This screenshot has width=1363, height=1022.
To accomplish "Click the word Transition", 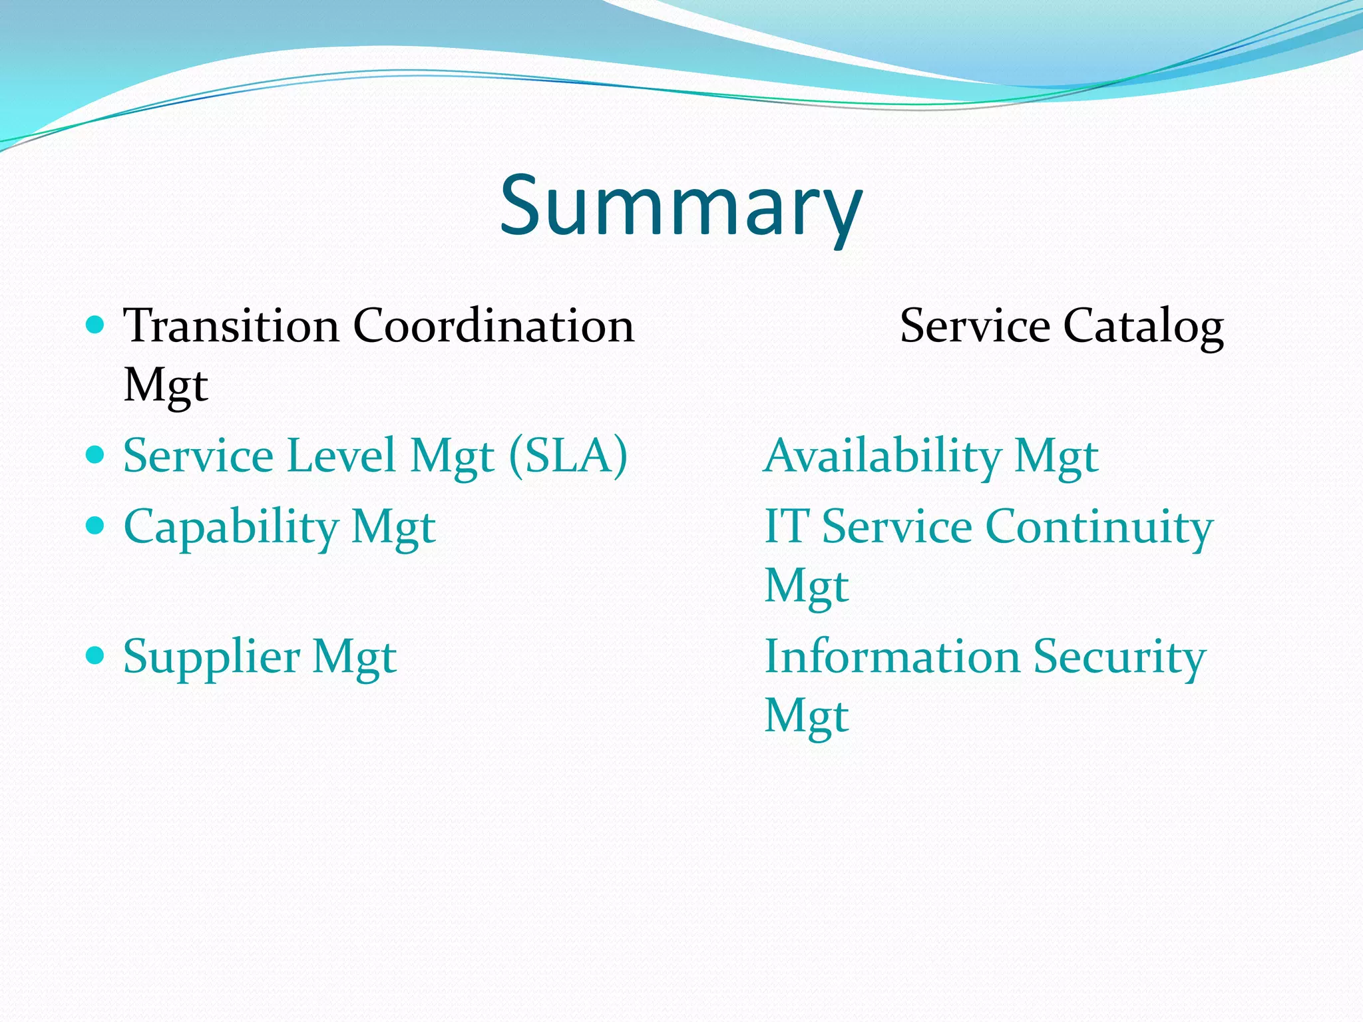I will pyautogui.click(x=231, y=326).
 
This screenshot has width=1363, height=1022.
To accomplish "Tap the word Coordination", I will pyautogui.click(x=493, y=326).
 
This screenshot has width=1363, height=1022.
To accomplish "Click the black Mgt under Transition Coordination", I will pyautogui.click(x=166, y=386).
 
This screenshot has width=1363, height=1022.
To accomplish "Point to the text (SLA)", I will pyautogui.click(x=568, y=456).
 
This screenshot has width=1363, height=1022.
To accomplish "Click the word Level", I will pyautogui.click(x=341, y=456).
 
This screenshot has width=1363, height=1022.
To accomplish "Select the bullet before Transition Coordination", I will pyautogui.click(x=96, y=325).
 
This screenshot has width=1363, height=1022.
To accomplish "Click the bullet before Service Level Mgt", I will pyautogui.click(x=96, y=455).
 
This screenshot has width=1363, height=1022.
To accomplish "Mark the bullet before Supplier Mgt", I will pyautogui.click(x=96, y=656).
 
